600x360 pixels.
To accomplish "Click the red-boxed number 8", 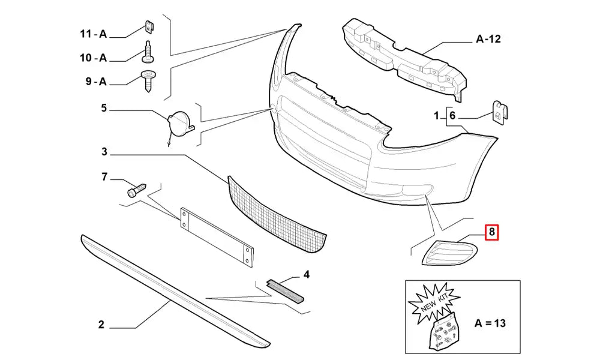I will [492, 232].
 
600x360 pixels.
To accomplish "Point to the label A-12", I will [488, 40].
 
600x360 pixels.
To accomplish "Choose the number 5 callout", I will [103, 109].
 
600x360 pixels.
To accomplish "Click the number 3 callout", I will [104, 153].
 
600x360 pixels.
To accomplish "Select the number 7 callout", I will [103, 176].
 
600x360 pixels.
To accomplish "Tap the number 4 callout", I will [306, 275].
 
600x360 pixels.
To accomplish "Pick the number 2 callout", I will [101, 325].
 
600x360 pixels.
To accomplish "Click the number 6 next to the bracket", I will [453, 115].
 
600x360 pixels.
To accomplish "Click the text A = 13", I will [490, 323].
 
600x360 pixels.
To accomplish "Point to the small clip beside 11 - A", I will [148, 28].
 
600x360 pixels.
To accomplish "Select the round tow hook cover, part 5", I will [180, 122].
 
